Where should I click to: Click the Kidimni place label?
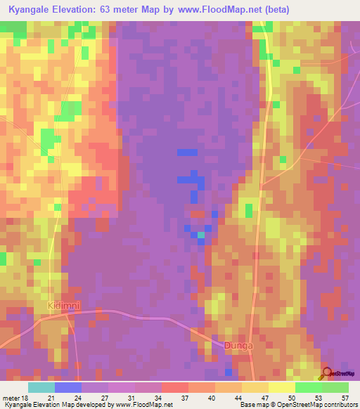click(64, 306)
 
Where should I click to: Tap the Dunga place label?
click(237, 345)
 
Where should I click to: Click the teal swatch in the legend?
click(41, 387)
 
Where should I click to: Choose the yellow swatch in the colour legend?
click(281, 387)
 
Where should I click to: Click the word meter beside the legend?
click(11, 398)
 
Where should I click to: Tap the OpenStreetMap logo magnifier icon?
click(326, 374)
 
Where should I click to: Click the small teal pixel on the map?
click(201, 235)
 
